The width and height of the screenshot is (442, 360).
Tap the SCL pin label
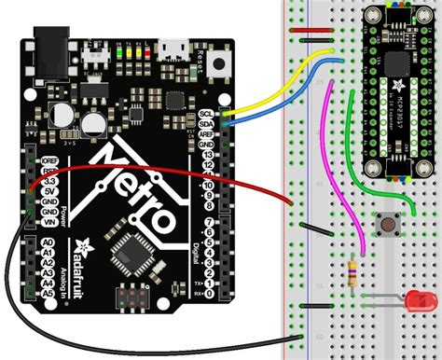coord(206,115)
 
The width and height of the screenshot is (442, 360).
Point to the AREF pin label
coord(206,133)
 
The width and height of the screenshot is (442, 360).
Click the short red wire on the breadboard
coord(309,30)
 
